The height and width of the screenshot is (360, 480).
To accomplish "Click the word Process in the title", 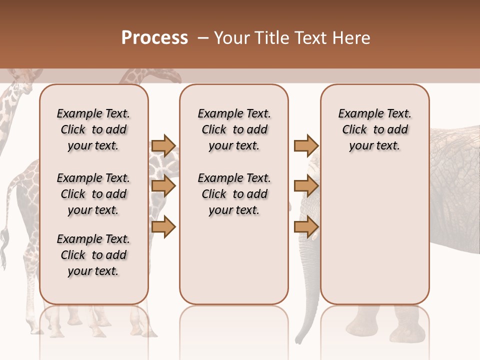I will click(154, 37).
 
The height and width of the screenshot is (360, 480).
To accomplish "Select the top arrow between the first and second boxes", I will click(163, 145).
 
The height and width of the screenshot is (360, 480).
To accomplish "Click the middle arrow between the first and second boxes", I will click(163, 186).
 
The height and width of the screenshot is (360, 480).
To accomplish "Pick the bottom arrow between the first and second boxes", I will click(163, 226).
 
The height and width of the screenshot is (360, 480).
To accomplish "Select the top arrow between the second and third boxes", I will click(306, 145).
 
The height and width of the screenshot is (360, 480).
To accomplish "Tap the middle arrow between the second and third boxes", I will click(306, 186).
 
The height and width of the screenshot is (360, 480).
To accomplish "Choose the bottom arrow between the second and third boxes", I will click(306, 226).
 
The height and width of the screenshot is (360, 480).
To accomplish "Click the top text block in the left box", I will click(93, 129).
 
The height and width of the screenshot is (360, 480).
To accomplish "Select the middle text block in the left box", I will click(93, 194).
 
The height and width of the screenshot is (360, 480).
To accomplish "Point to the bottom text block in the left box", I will click(93, 255).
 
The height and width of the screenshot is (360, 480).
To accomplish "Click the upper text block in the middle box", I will click(234, 129).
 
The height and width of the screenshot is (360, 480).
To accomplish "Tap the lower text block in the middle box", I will click(234, 194).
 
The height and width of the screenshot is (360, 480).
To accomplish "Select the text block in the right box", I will click(374, 129).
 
